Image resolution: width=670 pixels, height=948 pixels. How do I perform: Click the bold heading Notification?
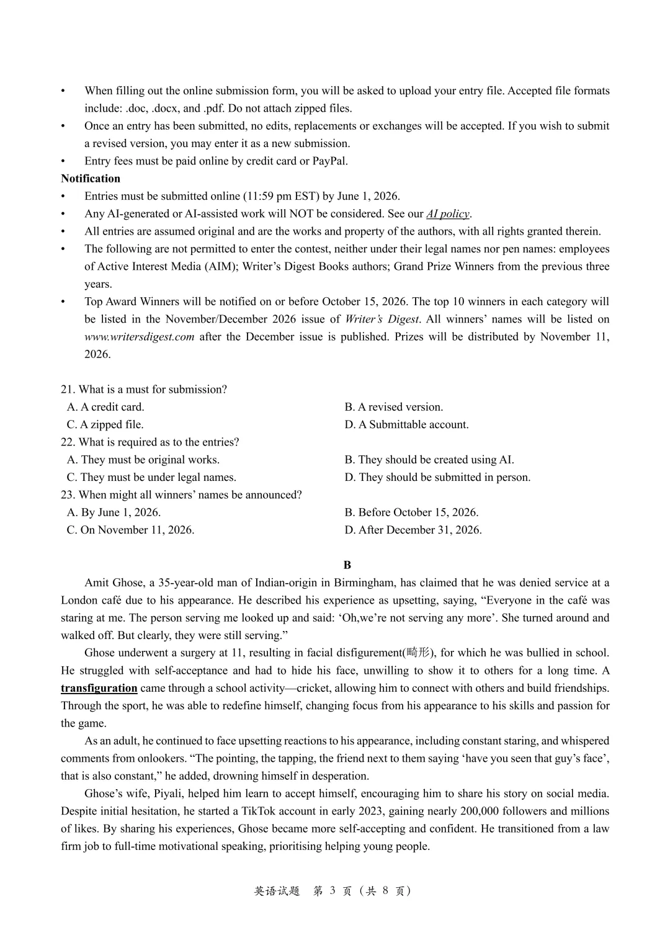(x=91, y=179)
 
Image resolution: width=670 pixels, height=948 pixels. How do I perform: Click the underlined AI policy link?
(x=448, y=214)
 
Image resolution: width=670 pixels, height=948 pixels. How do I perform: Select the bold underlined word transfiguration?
(x=99, y=688)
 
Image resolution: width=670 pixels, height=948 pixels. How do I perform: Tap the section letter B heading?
(x=347, y=565)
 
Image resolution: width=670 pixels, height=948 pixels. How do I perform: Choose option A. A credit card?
(x=105, y=407)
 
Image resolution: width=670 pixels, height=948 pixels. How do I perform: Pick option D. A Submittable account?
(x=407, y=425)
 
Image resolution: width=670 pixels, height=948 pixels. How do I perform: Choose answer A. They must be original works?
(x=143, y=460)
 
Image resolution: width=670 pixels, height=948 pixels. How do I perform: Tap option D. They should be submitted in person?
(x=437, y=478)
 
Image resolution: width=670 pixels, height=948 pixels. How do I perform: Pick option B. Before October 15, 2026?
(x=411, y=512)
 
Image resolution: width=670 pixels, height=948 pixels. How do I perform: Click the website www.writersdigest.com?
(x=140, y=337)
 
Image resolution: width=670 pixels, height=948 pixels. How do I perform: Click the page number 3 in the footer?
(x=333, y=891)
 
